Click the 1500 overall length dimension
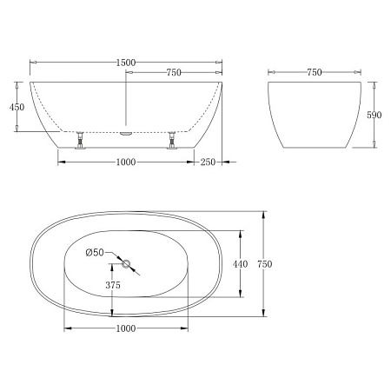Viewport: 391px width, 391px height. [126, 63]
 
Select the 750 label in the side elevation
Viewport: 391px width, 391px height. [174, 73]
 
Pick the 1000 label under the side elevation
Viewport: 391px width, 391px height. [125, 162]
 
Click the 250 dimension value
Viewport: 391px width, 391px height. [207, 162]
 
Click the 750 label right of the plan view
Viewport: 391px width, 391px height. [276, 263]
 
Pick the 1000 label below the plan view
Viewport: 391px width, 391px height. [126, 328]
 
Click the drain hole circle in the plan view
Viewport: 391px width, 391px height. [126, 264]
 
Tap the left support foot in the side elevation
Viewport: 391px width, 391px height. [80, 140]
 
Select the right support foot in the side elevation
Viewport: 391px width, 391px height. [173, 140]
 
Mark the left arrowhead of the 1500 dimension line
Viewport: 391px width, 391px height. [33, 63]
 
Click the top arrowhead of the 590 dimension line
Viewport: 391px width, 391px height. [373, 85]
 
